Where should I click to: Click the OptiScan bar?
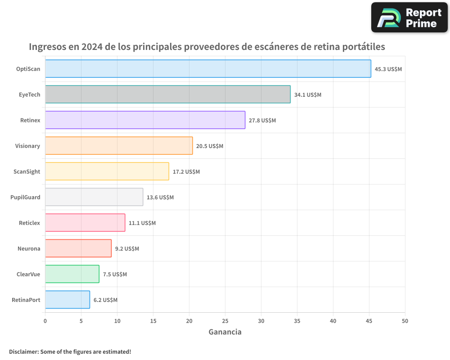click(x=208, y=69)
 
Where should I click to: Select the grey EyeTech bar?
click(x=167, y=94)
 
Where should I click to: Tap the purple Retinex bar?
click(x=145, y=120)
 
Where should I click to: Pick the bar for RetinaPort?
click(x=67, y=300)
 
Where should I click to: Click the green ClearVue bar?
click(x=72, y=274)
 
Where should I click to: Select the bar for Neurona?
click(x=78, y=248)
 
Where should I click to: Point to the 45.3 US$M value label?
click(x=388, y=69)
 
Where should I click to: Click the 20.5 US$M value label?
click(x=210, y=146)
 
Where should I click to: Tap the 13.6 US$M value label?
click(x=160, y=198)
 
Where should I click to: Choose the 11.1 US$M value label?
click(x=142, y=223)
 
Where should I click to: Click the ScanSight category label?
click(x=27, y=171)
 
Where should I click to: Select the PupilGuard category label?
click(x=25, y=197)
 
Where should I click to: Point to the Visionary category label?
click(x=27, y=146)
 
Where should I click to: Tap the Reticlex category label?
click(x=29, y=223)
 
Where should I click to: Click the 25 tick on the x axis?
click(x=225, y=321)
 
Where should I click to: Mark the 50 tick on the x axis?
click(x=405, y=321)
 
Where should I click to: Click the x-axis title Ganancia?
click(x=225, y=332)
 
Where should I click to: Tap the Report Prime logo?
click(x=409, y=18)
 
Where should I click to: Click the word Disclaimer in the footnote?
click(x=23, y=351)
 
